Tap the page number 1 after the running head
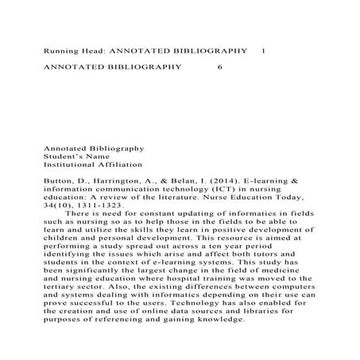tap(263, 51)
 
